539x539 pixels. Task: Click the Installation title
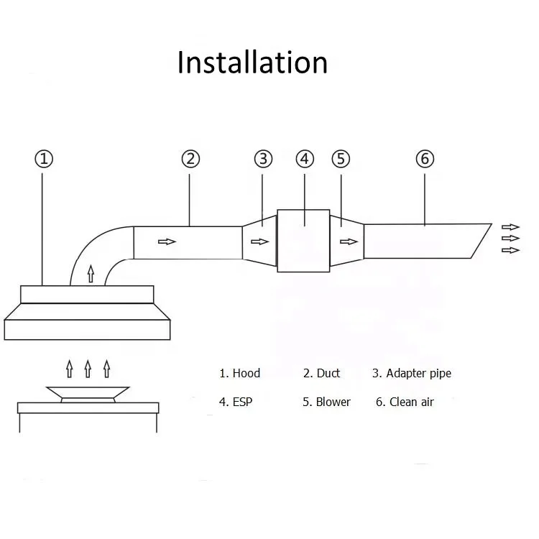point(252,63)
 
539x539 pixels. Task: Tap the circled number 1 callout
point(45,159)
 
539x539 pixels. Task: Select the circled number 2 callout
point(190,159)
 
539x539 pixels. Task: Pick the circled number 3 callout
point(264,159)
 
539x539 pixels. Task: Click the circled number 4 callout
point(305,159)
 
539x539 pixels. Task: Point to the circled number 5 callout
point(340,159)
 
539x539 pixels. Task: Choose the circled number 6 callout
point(425,159)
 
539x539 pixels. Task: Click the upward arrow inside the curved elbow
point(90,272)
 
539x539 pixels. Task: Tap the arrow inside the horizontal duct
point(167,241)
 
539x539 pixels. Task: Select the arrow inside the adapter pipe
point(259,241)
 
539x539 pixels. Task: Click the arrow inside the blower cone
point(349,241)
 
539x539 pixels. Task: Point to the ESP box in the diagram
point(303,241)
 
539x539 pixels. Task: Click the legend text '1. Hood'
point(239,373)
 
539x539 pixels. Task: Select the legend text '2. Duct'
point(321,373)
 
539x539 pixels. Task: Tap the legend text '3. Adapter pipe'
point(411,373)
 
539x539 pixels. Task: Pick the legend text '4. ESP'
point(235,402)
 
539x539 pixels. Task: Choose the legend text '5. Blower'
point(326,402)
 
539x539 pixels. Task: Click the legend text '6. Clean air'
point(405,402)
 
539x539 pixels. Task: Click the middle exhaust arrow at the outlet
point(510,238)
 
